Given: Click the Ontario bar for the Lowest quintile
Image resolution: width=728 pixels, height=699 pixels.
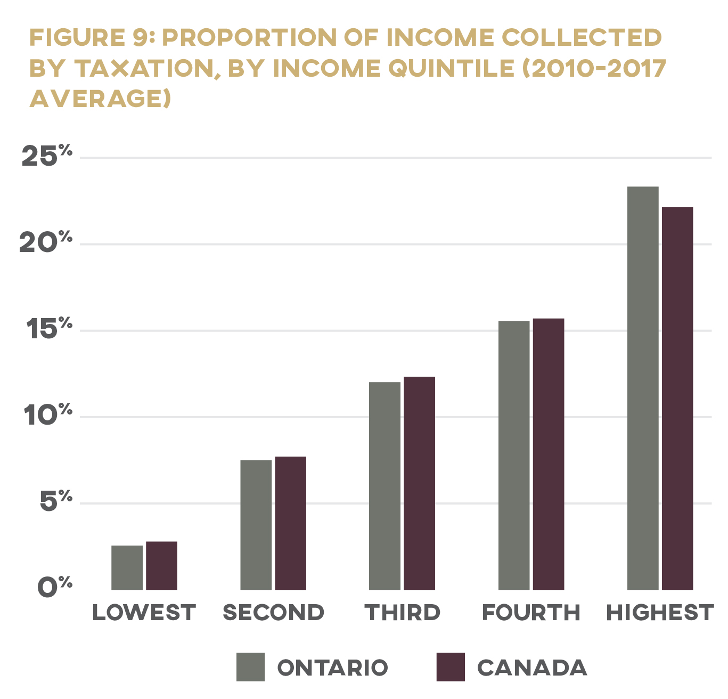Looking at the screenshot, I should [127, 567].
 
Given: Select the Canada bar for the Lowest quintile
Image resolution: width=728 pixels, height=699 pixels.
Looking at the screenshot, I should [161, 565].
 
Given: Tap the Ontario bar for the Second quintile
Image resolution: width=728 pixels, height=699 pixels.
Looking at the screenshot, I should [256, 525].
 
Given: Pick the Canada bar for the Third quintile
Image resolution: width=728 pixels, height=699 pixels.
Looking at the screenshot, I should [419, 483].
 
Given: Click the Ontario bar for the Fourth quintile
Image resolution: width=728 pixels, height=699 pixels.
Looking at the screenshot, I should [514, 455].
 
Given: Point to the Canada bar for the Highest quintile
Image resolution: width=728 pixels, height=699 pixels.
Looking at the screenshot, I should [677, 399].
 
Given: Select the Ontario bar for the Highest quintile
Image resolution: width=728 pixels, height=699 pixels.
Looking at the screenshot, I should [643, 388].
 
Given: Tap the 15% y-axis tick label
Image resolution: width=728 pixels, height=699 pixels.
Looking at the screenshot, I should [46, 329].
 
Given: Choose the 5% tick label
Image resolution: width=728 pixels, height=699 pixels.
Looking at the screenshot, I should [55, 502].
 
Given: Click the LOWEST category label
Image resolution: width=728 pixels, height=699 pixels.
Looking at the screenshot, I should [144, 613].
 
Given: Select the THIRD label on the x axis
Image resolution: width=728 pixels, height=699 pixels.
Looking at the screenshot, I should [403, 613].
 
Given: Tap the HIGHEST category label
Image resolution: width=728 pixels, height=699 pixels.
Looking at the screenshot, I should [660, 613].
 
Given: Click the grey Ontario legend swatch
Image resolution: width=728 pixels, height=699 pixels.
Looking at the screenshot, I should [250, 667].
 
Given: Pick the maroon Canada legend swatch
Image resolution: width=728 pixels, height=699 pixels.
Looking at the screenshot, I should [451, 667].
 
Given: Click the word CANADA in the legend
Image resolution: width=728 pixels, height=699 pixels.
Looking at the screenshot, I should [531, 668].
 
